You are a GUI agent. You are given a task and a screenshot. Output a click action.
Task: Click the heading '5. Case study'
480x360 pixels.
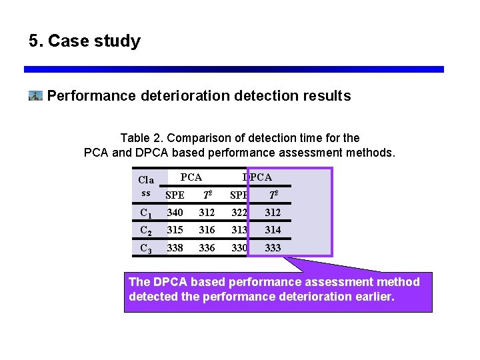(x=85, y=41)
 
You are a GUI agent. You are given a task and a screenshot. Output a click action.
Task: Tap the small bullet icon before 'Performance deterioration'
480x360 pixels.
(x=35, y=96)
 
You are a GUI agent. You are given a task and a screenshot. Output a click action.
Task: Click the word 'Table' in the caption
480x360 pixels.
(x=136, y=138)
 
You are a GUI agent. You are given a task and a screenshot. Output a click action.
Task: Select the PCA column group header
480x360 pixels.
(x=191, y=177)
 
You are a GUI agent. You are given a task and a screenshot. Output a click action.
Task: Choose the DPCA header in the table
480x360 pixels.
(x=257, y=177)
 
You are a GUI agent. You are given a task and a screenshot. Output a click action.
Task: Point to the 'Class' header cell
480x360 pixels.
(x=145, y=186)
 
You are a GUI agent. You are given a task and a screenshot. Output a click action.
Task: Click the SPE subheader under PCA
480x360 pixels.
(x=175, y=195)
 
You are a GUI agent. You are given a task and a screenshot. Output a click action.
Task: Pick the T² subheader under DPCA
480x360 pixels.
(x=273, y=195)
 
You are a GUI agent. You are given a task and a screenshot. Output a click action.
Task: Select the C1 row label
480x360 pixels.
(x=145, y=213)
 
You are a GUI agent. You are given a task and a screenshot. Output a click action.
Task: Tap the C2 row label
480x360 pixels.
(x=145, y=231)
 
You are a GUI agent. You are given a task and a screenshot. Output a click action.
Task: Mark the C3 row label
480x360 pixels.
(x=145, y=248)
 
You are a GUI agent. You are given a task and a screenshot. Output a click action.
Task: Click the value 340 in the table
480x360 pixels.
(x=175, y=213)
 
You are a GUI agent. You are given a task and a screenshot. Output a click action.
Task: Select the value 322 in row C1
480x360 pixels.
(x=239, y=213)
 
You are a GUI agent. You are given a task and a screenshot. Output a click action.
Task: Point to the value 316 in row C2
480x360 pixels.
(x=207, y=230)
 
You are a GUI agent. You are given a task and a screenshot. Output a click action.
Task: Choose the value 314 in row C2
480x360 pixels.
(x=273, y=230)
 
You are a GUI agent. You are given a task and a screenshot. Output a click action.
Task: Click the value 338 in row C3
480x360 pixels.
(x=175, y=247)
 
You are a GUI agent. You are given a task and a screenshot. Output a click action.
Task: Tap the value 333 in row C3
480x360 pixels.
(x=273, y=247)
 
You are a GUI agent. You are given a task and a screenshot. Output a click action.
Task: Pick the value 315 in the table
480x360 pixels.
(x=175, y=230)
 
